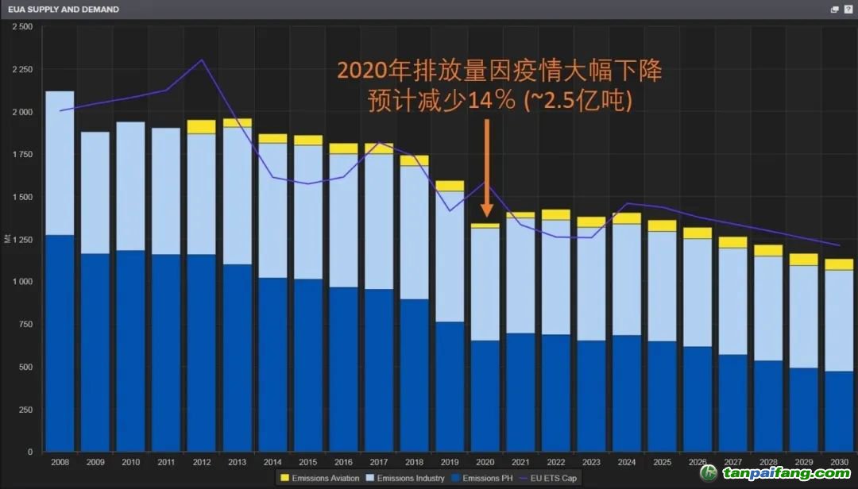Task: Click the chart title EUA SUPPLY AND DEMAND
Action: point(64,10)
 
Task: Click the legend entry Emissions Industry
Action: point(409,478)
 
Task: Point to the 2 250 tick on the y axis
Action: point(21,69)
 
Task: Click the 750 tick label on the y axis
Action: point(25,324)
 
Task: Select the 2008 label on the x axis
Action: point(60,461)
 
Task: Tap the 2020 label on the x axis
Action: point(485,461)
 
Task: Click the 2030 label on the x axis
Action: point(838,461)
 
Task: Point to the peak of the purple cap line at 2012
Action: point(202,60)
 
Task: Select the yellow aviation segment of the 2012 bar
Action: point(202,127)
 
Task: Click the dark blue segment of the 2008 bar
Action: point(60,341)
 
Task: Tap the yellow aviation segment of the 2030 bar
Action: point(838,264)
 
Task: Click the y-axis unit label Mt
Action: point(7,239)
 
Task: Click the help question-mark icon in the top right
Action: point(848,10)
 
